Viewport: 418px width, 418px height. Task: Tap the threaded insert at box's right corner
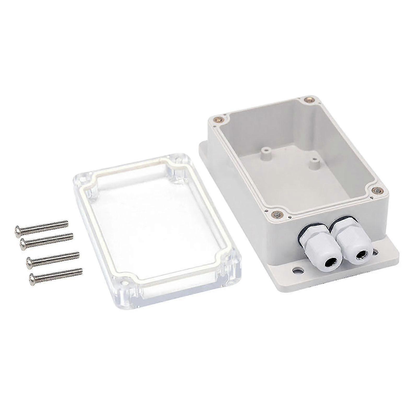[x=377, y=191]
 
